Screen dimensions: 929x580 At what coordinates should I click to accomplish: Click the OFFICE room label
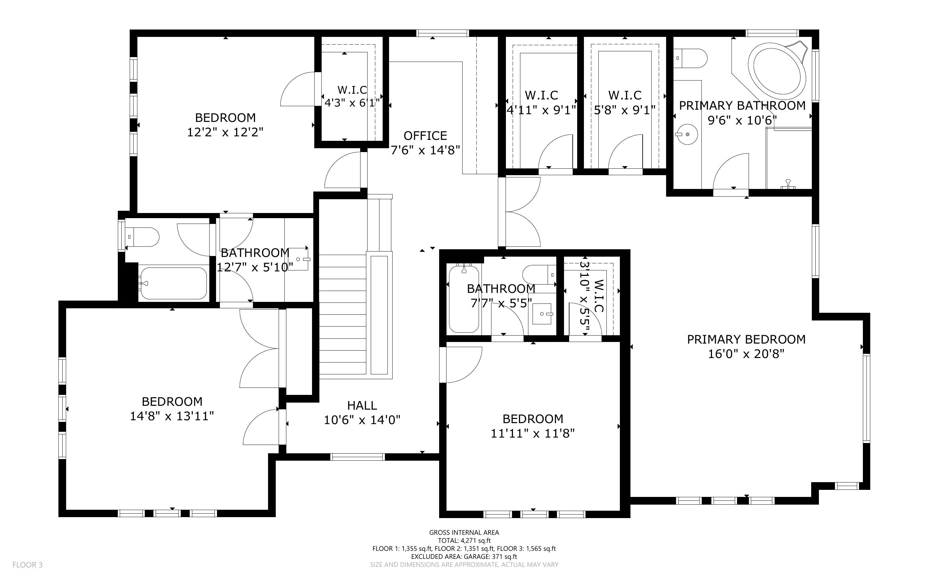(425, 136)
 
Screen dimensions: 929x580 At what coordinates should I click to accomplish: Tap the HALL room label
(362, 405)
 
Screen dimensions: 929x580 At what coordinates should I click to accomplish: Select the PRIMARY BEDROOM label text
(746, 339)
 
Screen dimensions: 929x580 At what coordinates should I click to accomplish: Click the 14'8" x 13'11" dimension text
(172, 416)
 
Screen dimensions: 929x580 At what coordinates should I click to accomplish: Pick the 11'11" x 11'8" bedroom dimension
(533, 433)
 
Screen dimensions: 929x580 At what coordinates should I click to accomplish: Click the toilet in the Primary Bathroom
(690, 58)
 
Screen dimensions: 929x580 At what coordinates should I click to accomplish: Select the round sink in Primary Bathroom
(687, 134)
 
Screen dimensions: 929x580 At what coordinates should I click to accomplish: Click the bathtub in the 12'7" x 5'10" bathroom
(173, 283)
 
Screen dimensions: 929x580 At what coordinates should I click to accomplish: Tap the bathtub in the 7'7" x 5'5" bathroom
(464, 298)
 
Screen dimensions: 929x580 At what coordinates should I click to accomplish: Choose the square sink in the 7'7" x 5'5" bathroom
(542, 314)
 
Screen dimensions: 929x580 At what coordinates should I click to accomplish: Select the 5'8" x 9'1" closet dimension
(625, 110)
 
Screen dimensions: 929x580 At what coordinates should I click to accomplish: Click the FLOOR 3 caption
(28, 565)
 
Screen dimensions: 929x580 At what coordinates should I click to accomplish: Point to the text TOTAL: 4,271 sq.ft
(464, 541)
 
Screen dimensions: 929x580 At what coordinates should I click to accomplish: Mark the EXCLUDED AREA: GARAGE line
(464, 556)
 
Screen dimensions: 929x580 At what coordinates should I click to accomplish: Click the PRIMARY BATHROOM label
(742, 106)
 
